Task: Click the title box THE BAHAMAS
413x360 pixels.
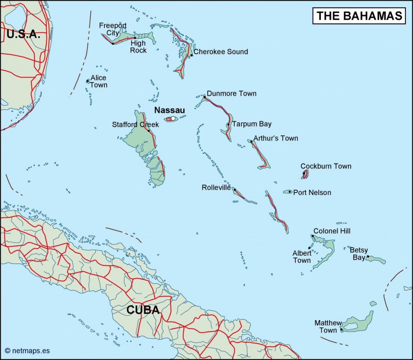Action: point(359,15)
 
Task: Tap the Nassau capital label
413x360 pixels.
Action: point(170,109)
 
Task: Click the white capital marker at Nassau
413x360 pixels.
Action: point(173,119)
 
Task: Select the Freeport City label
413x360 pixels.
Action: point(113,29)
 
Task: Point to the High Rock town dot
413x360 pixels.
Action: point(135,38)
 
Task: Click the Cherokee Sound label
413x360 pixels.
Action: point(221,52)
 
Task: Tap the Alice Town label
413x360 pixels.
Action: point(98,81)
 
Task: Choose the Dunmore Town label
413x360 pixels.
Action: point(232,94)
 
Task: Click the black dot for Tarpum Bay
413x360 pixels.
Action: point(228,124)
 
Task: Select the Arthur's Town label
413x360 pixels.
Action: point(276,138)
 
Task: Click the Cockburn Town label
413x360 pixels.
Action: point(326,166)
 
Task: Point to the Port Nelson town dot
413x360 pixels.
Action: point(290,192)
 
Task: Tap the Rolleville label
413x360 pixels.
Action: point(216,188)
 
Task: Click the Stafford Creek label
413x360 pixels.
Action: point(136,125)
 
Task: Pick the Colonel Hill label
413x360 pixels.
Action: point(332,231)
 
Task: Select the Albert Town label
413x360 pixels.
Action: point(302,257)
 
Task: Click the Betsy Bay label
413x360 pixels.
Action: point(359,254)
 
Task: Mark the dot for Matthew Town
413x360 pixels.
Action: point(342,330)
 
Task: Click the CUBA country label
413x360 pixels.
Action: point(143,310)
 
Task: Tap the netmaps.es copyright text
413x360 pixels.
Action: point(27,351)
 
